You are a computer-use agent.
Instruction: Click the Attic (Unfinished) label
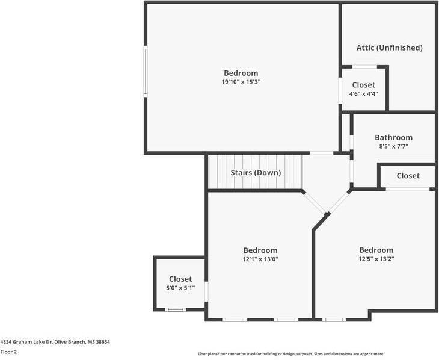coord(389,48)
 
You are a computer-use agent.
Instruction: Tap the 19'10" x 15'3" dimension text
coord(241,82)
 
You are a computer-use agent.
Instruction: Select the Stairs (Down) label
coord(256,173)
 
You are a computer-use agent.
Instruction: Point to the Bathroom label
coord(393,137)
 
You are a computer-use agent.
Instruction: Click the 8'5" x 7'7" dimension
coord(393,146)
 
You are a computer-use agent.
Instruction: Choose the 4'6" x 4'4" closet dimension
coord(363,94)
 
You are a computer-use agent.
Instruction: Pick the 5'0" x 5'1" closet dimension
coord(180,288)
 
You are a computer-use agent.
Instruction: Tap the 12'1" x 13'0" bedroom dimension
coord(260,259)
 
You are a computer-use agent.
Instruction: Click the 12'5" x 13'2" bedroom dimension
coord(376,259)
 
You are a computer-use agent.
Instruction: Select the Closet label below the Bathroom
coord(408,176)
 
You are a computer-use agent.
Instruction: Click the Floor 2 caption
coord(8,352)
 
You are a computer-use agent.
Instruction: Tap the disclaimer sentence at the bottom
coord(290,354)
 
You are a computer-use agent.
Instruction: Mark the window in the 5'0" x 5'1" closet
coord(176,309)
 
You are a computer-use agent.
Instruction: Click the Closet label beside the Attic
coord(363,85)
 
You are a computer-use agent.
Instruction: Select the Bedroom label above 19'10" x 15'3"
coord(241,73)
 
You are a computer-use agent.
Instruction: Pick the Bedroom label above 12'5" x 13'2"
coord(376,250)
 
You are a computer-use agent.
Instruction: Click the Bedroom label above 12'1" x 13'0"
coord(260,250)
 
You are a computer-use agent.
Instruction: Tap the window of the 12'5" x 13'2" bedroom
coord(334,319)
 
